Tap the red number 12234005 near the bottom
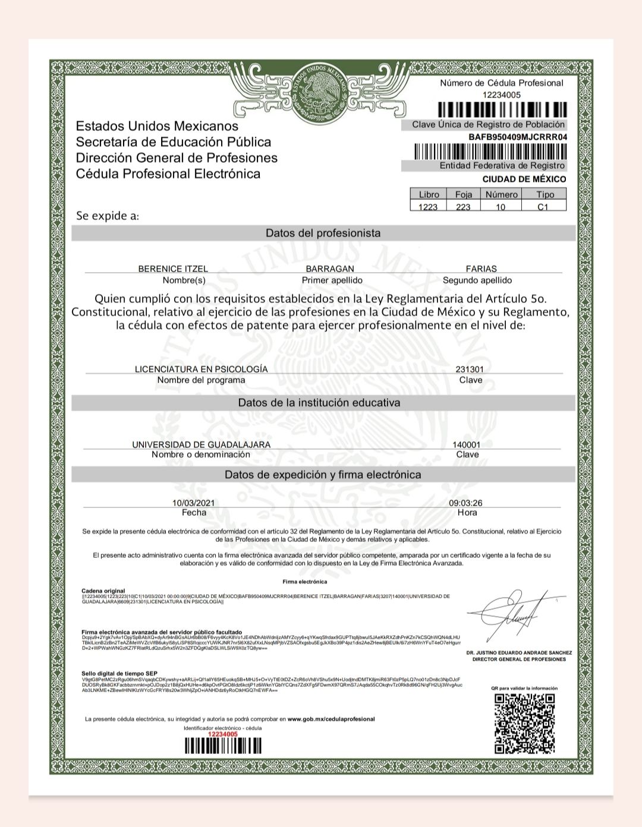(222, 734)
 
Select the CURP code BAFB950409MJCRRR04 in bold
(518, 137)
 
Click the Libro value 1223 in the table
(428, 207)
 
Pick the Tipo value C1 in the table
(543, 207)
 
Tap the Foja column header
(464, 194)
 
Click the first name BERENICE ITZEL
(173, 269)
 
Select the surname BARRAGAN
(330, 269)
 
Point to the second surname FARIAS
(481, 269)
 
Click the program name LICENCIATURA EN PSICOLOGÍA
(202, 369)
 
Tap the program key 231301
(470, 369)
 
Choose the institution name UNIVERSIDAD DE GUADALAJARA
(201, 444)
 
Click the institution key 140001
(467, 444)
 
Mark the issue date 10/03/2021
(194, 503)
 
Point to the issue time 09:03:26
(466, 503)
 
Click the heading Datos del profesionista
(323, 233)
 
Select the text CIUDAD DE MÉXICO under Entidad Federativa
(524, 179)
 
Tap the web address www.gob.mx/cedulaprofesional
(331, 719)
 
